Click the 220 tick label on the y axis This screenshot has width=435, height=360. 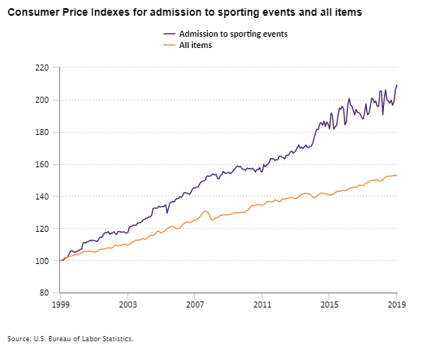pos(42,67)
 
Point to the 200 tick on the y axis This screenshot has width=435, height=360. pos(42,100)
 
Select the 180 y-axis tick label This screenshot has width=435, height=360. pos(42,132)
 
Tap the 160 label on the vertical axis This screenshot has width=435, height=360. pos(42,164)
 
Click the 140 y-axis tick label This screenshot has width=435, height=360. pos(42,196)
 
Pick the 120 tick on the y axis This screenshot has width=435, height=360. pos(42,229)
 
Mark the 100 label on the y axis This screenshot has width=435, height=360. pos(42,261)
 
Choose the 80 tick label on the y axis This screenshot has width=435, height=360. pos(44,293)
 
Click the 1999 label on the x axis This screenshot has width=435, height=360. pos(60,305)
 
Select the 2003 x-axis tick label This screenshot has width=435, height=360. pos(127,305)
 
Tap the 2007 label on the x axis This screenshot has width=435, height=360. pos(195,305)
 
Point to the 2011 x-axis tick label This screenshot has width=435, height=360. pos(262,305)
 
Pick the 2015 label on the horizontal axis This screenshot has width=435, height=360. pos(329,305)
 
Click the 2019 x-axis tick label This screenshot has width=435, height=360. pos(397,305)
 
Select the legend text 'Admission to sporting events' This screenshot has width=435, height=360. pos(233,34)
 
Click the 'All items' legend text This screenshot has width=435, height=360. pos(196,45)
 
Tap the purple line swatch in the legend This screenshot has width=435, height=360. pos(169,34)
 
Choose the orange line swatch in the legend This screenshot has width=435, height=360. pos(169,45)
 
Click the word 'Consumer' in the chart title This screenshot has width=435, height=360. pos(33,13)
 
